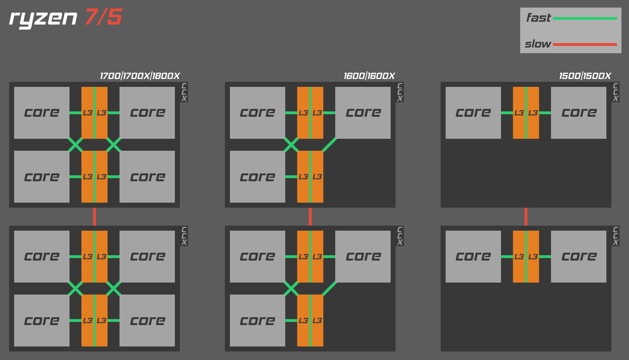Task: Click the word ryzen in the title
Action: coord(43,18)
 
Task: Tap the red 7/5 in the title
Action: coord(103,17)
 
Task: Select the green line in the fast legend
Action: coord(585,19)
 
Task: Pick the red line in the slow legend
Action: coord(585,44)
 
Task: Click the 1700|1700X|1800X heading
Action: coord(140,76)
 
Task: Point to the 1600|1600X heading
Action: coord(369,76)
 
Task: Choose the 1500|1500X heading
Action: coord(585,76)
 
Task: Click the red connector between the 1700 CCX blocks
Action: coord(94,217)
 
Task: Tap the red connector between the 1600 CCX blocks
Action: coord(310,217)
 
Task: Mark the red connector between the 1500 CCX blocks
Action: coord(526,217)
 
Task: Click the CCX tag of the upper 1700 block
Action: coord(184,92)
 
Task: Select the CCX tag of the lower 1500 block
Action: coord(615,236)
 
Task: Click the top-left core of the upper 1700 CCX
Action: coord(42,113)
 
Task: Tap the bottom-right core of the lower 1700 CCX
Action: coord(147,320)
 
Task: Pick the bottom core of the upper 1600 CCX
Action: coord(258,177)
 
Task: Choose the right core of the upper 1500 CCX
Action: coord(579,113)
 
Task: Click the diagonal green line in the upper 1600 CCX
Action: coord(329,145)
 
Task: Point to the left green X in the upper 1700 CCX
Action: coord(75,145)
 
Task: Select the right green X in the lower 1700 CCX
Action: coord(114,289)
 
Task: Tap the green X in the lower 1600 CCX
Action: coord(291,289)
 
